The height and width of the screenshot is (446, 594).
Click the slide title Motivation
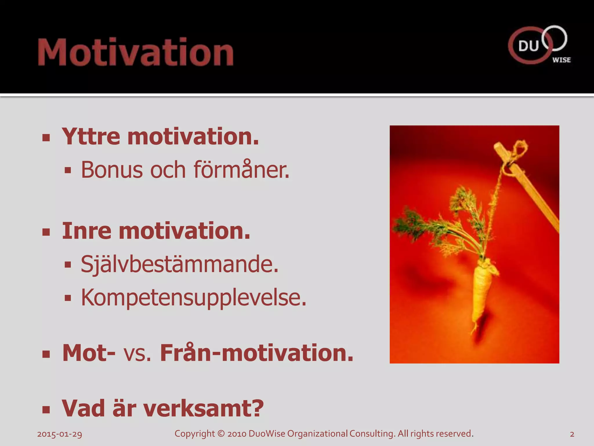coord(136,52)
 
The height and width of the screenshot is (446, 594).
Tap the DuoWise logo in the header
coord(539,45)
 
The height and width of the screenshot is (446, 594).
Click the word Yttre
coord(91,136)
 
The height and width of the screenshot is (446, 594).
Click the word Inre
coord(87,231)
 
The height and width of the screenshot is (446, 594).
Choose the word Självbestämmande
coord(180,264)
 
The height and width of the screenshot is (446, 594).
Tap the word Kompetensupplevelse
coord(193,298)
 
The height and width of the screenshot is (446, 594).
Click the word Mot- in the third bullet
coord(89,353)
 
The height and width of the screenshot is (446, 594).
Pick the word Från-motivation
coord(257,353)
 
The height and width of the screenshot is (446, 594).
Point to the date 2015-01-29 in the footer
coord(59,434)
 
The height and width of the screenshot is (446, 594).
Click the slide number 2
coord(572,434)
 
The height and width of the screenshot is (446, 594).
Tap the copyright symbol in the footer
coord(221,434)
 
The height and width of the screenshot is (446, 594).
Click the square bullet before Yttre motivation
coord(46,138)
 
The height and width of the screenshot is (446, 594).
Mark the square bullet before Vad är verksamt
coord(46,409)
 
